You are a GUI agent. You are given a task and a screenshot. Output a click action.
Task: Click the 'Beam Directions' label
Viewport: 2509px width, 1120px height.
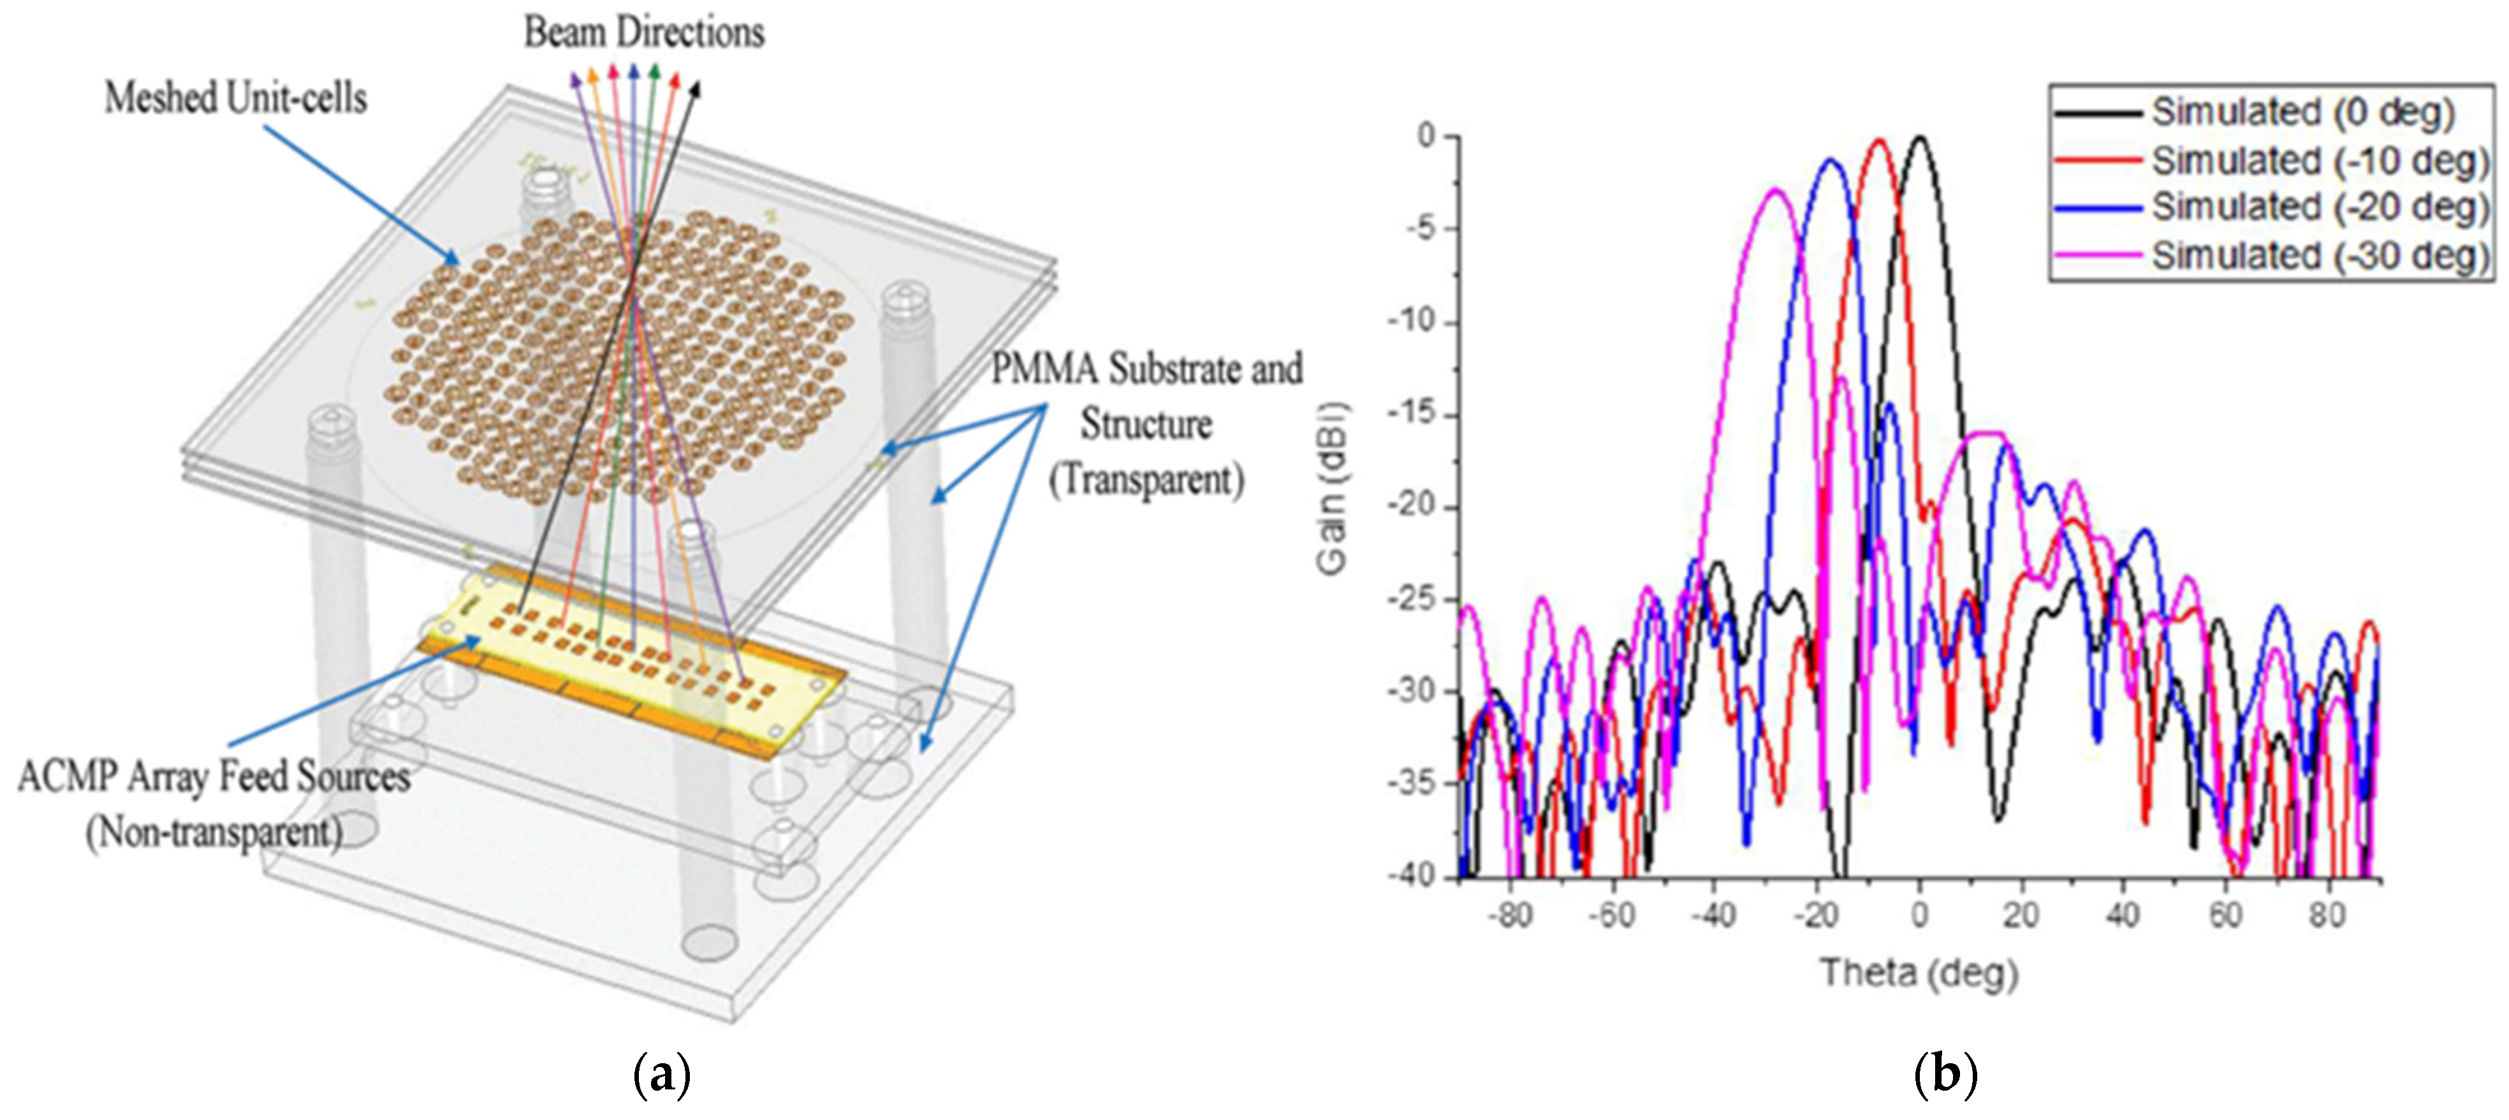(644, 32)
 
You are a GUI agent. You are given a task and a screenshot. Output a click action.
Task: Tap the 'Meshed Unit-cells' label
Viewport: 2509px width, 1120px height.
(236, 98)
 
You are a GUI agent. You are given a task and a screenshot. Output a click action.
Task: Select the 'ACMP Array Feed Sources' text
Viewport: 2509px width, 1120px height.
(214, 777)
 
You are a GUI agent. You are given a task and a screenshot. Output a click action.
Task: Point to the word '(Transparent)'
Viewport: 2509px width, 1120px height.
(1146, 480)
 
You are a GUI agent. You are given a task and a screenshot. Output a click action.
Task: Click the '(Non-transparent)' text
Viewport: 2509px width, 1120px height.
(214, 833)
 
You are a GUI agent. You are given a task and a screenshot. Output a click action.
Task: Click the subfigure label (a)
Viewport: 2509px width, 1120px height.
(662, 1075)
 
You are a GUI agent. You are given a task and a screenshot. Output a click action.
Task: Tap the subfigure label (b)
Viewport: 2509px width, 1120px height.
(1945, 1075)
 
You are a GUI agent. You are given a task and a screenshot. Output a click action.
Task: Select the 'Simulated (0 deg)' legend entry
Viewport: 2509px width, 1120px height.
(2302, 113)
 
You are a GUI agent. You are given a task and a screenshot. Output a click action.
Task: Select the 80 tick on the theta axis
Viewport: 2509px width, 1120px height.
(2326, 915)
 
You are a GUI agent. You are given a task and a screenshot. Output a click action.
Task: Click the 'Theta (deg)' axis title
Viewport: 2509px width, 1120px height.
(1919, 972)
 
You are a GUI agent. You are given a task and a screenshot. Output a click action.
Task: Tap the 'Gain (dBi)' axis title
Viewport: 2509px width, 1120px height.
(1331, 487)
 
